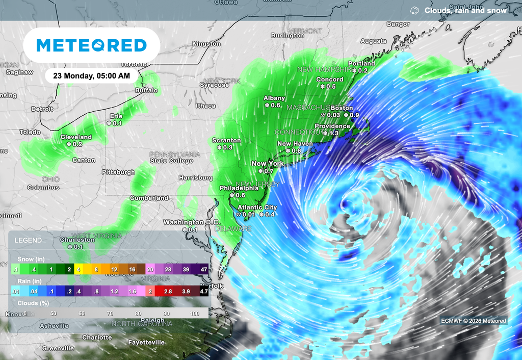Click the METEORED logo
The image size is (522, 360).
[92, 45]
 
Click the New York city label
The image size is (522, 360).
[268, 164]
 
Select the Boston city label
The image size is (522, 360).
[342, 108]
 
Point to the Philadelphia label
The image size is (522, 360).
[239, 188]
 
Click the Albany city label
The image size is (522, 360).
[274, 98]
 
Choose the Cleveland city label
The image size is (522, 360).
[76, 137]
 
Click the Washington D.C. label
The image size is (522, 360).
[191, 222]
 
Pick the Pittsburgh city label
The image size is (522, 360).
[118, 172]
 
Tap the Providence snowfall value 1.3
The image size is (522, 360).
[334, 133]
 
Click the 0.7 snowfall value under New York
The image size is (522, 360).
[269, 171]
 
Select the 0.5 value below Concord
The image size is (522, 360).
[331, 87]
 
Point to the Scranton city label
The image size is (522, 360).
[226, 140]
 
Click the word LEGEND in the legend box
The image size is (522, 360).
[29, 240]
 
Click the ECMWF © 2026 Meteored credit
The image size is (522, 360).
[474, 321]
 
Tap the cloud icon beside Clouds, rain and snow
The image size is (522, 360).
[414, 10]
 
